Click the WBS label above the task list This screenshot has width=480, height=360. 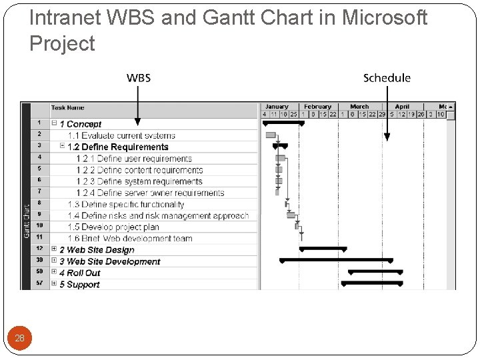[139, 78]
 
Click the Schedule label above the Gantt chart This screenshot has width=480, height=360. [387, 78]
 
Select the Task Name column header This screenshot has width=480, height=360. [68, 108]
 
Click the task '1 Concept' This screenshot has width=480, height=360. [81, 124]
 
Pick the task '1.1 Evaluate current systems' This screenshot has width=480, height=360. [121, 135]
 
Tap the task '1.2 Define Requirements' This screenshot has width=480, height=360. [118, 147]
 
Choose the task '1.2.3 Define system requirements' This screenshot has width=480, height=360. [139, 181]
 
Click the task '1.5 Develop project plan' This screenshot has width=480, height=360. [113, 227]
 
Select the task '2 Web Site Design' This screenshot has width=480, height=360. [97, 250]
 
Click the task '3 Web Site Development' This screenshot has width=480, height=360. [109, 261]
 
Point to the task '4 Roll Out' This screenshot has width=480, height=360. [79, 273]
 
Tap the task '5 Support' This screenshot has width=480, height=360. [79, 285]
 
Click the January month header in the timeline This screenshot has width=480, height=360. [277, 107]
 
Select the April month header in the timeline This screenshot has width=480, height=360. [402, 107]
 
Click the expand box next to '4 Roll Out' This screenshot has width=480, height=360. [54, 273]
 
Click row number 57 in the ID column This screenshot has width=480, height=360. [39, 284]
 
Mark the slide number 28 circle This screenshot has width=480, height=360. [19, 338]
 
